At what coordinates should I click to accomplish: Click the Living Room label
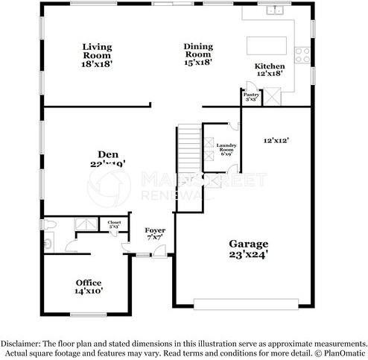coord(97,51)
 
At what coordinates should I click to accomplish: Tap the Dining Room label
coord(199,51)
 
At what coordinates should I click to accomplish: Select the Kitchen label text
coord(270,66)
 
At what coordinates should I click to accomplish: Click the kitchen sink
coord(276,10)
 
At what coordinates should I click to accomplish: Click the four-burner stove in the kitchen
coord(302,54)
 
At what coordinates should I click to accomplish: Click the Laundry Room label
coord(225,145)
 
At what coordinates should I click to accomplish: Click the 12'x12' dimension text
coord(276,139)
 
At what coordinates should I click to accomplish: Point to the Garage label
coord(248,244)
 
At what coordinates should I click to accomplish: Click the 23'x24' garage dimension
coord(248,254)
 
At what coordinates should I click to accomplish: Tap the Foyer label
coord(154,231)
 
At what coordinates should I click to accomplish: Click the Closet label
coord(114,222)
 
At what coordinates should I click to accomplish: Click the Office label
coord(88,282)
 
